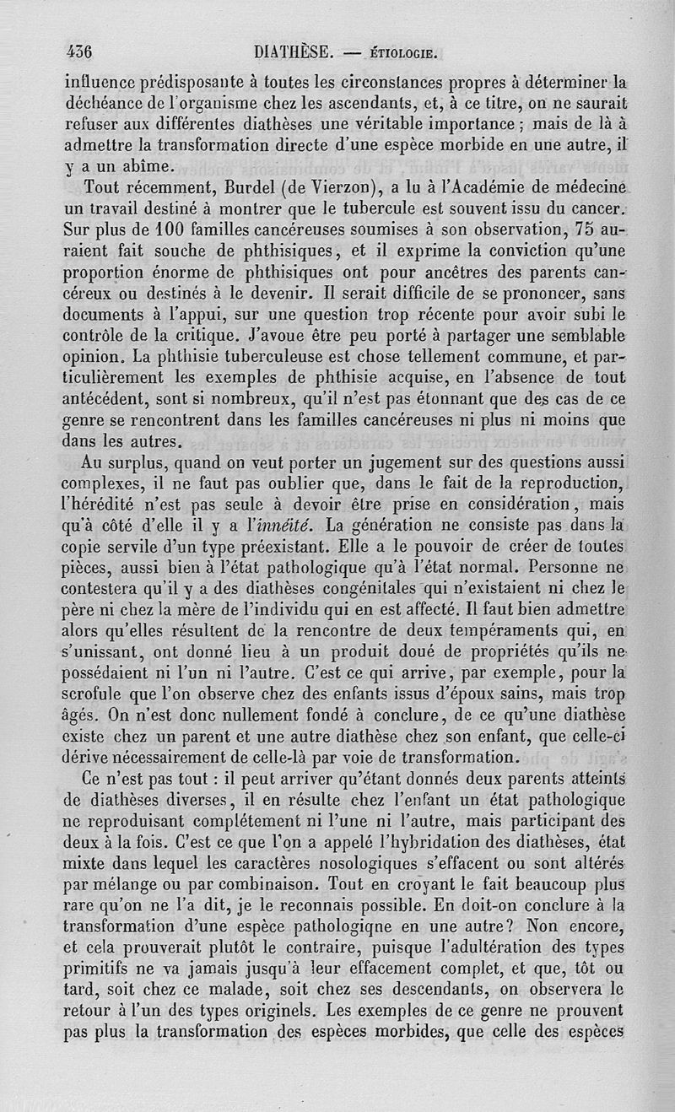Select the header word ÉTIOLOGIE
click(x=401, y=55)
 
